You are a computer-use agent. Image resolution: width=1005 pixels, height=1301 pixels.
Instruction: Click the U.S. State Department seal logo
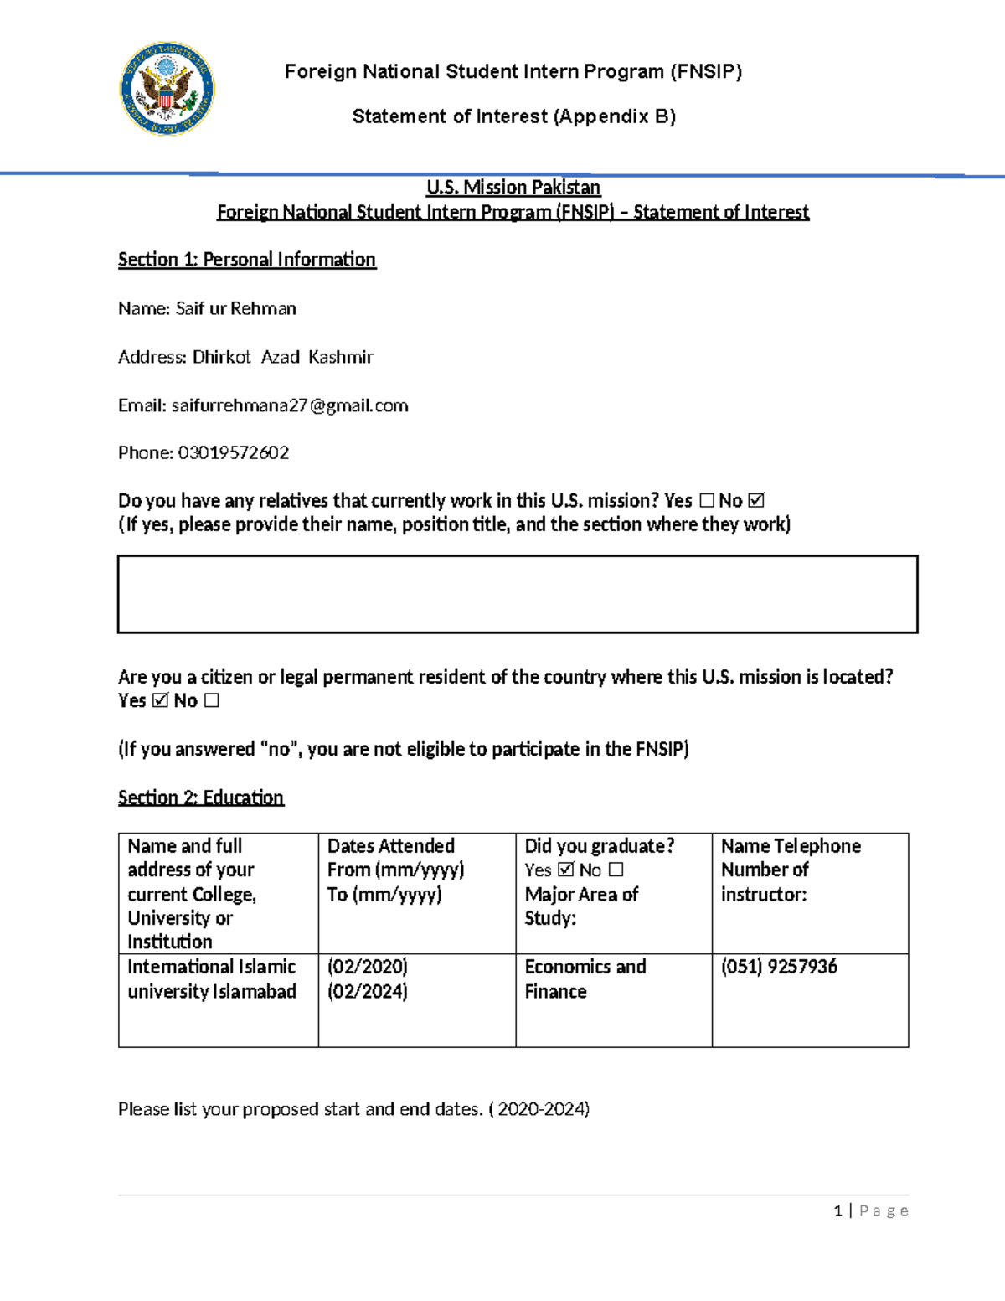point(167,89)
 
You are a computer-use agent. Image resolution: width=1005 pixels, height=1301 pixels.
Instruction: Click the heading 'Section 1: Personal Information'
point(246,260)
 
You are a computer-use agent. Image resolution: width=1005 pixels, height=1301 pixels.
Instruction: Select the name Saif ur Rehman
point(235,308)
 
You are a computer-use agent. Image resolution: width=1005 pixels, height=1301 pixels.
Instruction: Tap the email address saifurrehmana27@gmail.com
point(290,405)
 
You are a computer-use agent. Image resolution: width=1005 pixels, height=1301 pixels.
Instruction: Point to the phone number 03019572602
point(234,453)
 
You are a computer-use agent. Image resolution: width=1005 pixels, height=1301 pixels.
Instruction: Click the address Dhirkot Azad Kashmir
point(282,357)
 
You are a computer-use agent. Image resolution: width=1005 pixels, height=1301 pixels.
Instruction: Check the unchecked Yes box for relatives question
point(706,501)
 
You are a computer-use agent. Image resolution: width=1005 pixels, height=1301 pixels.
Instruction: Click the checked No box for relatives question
point(756,501)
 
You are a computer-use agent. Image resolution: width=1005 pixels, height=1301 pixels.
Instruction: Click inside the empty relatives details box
point(517,594)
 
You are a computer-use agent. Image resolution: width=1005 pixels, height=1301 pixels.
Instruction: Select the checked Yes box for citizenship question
point(160,700)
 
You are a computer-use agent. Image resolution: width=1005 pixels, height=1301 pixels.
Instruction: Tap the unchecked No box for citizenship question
point(211,700)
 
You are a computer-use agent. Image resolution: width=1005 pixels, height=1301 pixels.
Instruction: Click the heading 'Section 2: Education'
point(201,798)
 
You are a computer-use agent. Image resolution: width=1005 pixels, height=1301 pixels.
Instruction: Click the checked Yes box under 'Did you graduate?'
point(565,870)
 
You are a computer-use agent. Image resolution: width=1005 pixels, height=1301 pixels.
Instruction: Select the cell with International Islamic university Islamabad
point(218,999)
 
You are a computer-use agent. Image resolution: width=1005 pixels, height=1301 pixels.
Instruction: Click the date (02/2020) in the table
point(367,967)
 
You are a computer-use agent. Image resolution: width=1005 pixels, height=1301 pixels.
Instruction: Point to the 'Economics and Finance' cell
point(613,999)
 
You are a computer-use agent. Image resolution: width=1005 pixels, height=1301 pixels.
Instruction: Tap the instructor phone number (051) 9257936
point(779,967)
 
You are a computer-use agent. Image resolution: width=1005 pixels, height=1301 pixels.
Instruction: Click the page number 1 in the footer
point(837,1211)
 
